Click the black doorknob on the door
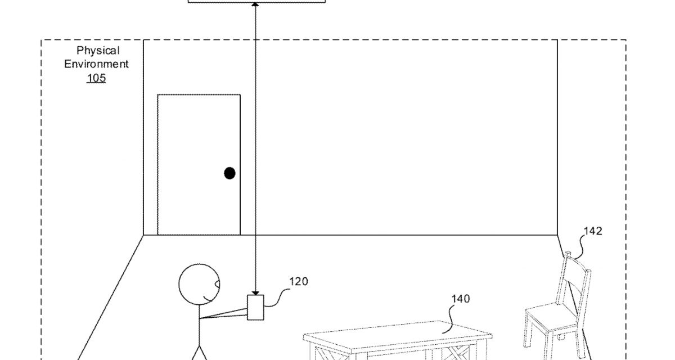point(229,173)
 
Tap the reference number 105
point(96,78)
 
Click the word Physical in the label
point(98,51)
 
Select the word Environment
point(96,64)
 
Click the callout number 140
point(461,299)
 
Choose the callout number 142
point(593,231)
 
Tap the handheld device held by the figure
point(255,308)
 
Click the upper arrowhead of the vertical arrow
point(256,5)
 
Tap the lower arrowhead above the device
point(256,291)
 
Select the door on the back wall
point(199,164)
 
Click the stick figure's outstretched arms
point(225,313)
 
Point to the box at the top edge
point(256,1)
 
